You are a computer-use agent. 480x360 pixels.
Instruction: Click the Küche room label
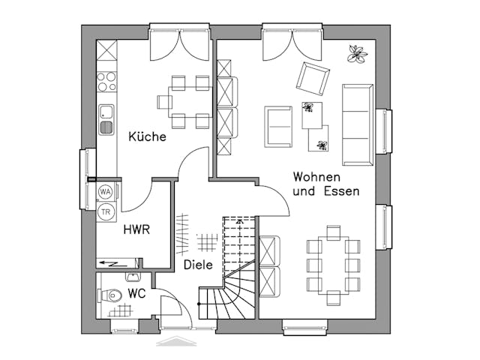pyautogui.click(x=147, y=136)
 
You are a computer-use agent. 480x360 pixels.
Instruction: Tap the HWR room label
pyautogui.click(x=136, y=229)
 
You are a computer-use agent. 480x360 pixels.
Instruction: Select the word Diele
pyautogui.click(x=197, y=265)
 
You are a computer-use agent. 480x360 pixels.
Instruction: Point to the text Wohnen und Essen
pyautogui.click(x=325, y=184)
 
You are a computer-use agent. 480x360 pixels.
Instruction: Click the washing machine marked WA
pyautogui.click(x=106, y=193)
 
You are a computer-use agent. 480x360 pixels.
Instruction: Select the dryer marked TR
pyautogui.click(x=106, y=211)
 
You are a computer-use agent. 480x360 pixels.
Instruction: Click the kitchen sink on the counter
pyautogui.click(x=106, y=119)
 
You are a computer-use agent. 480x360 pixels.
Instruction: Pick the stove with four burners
pyautogui.click(x=106, y=81)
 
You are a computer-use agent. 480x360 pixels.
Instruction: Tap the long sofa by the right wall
pyautogui.click(x=358, y=124)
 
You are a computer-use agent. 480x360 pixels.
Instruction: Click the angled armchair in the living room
pyautogui.click(x=312, y=77)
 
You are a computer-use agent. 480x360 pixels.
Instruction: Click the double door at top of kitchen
pyautogui.click(x=179, y=45)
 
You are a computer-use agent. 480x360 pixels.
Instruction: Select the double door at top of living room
pyautogui.click(x=292, y=45)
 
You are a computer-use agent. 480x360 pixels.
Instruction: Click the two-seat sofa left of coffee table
pyautogui.click(x=278, y=127)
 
